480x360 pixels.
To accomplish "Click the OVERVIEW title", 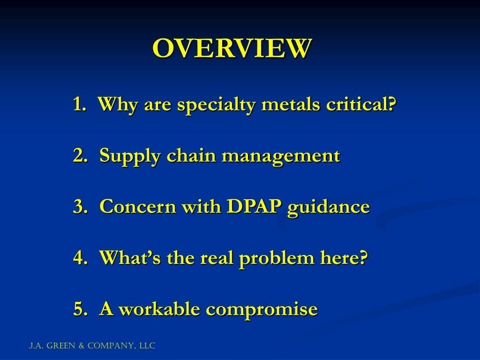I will pos(232,48).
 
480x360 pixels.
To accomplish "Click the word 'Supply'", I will pos(130,156).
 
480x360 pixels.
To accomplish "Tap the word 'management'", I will pos(281,156).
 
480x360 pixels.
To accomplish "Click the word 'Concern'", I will pos(138,207).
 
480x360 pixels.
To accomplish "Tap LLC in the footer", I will pos(147,346).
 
